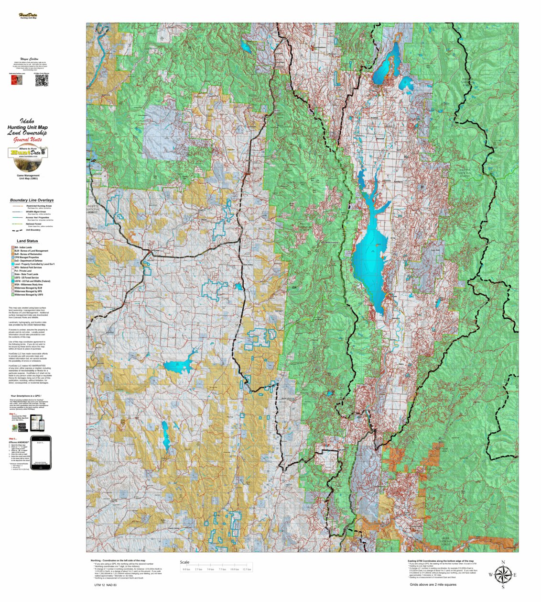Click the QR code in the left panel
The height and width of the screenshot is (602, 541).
coord(42,80)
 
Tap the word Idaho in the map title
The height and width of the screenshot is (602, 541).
coord(27,122)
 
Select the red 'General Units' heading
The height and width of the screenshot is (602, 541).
coord(28,140)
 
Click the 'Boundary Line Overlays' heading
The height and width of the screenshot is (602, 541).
coord(32,200)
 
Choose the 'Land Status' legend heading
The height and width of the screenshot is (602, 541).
coord(27,241)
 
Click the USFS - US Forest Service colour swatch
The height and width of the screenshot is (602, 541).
coord(12,278)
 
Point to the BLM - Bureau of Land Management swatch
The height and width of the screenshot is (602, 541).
coord(12,251)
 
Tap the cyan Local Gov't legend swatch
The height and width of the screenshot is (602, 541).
coord(12,264)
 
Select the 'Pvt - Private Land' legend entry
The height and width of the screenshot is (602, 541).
coord(23,271)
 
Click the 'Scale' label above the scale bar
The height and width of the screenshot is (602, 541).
coord(184,562)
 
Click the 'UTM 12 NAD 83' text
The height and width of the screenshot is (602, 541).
coord(105,585)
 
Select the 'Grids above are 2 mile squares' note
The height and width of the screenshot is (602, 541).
coord(433,584)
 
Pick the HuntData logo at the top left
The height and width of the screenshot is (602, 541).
coord(28,16)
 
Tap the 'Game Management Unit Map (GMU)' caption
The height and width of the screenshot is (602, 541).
coord(28,177)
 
